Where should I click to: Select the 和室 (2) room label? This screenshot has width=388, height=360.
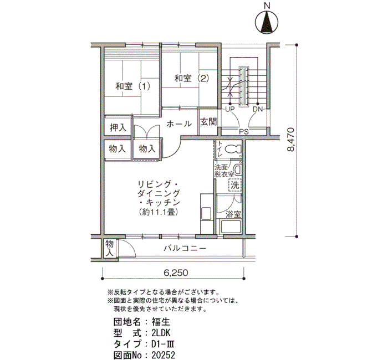coord(192,79)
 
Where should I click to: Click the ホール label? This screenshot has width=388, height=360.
coord(178,124)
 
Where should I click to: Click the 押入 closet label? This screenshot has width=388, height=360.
coord(118,127)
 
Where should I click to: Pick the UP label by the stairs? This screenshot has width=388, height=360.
coord(230,109)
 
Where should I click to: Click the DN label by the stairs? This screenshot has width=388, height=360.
coord(257,109)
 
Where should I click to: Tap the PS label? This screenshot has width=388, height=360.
coord(243,132)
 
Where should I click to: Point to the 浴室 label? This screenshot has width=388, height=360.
coord(233,215)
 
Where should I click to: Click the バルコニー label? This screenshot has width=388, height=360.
coord(185,249)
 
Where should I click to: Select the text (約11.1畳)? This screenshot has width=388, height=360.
coord(159,212)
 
